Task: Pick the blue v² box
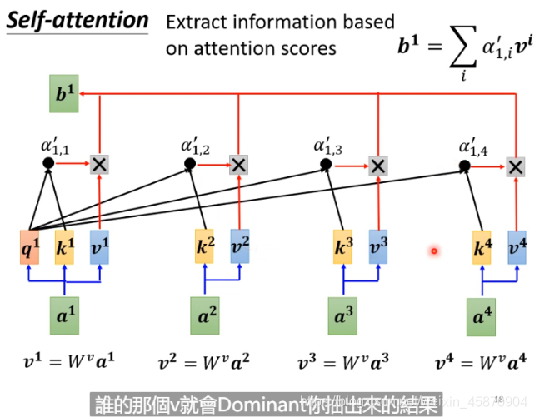coord(240,246)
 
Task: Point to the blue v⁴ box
coord(517,247)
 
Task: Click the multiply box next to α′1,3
coord(378,166)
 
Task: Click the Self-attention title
coord(78,21)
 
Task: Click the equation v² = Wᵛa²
coord(205,362)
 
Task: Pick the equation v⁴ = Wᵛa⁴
coord(482,362)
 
